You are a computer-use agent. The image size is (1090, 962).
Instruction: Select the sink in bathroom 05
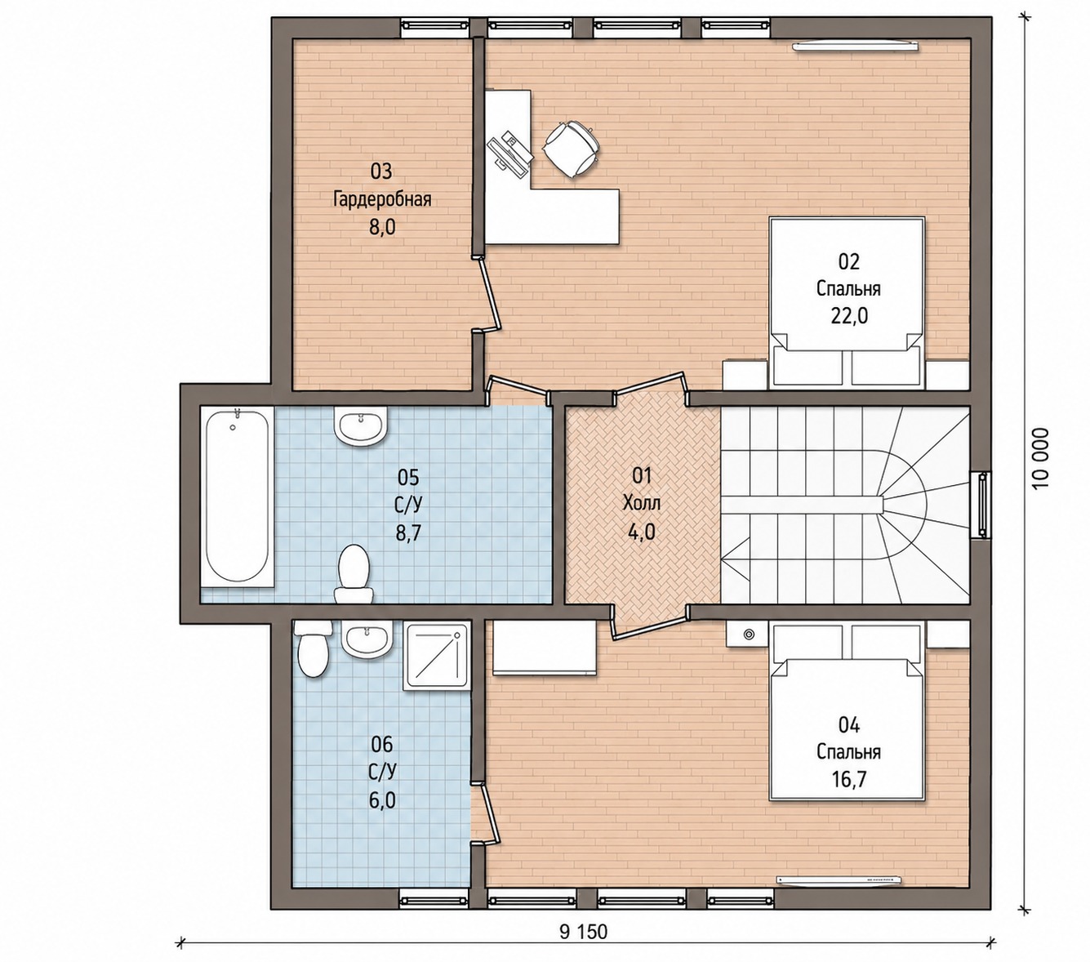tap(360, 425)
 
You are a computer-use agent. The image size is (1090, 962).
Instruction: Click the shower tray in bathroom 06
tap(436, 656)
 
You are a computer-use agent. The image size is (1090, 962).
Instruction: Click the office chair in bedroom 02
tap(571, 149)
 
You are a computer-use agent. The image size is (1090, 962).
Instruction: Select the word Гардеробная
tap(382, 199)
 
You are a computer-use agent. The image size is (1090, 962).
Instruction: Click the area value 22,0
tap(849, 316)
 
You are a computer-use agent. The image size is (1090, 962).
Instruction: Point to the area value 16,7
tap(849, 780)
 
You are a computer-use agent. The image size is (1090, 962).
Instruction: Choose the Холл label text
tap(642, 503)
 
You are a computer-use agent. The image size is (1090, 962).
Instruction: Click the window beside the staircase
tap(981, 505)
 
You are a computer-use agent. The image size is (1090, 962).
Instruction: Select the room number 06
tap(382, 745)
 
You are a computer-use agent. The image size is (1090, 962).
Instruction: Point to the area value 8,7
tap(408, 532)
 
